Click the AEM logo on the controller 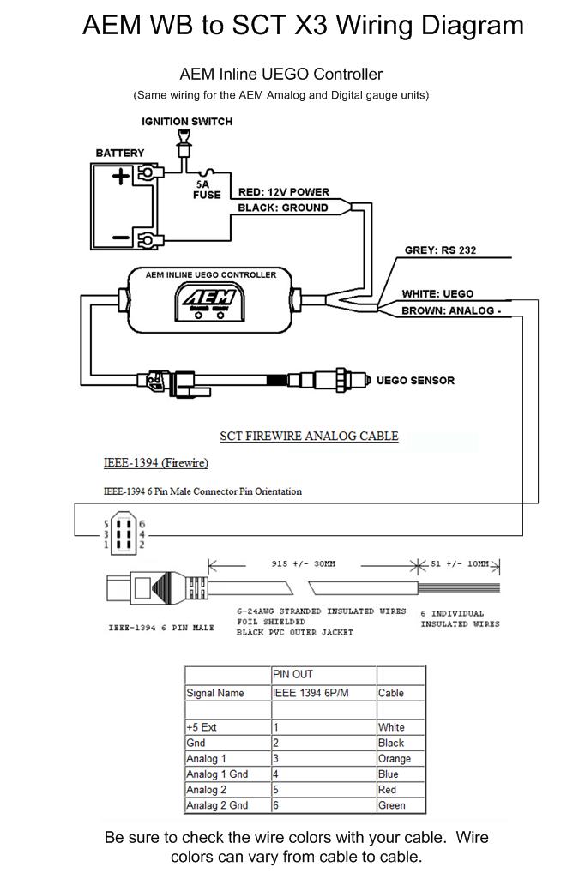point(209,299)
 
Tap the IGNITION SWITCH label point(187,122)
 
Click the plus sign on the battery point(120,177)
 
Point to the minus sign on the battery point(120,238)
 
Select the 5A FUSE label point(207,190)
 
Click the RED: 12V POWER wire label point(284,192)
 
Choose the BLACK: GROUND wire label point(282,208)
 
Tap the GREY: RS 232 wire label point(440,250)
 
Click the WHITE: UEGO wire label point(437,294)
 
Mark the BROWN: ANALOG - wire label point(451,310)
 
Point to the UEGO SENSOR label point(415,380)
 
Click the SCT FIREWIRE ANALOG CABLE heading point(309,436)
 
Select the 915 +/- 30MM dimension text point(303,564)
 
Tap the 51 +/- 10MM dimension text point(459,564)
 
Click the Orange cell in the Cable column point(394,758)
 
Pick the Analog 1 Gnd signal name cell point(217,774)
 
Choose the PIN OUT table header point(292,674)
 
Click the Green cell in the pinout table point(392,805)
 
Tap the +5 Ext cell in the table point(201,727)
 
